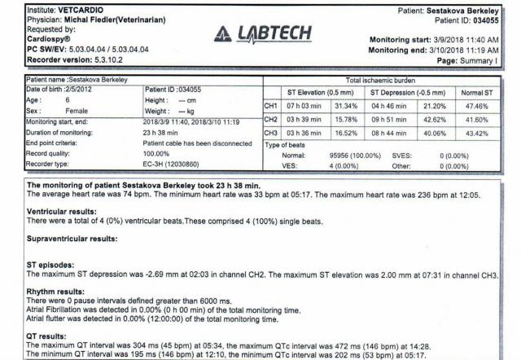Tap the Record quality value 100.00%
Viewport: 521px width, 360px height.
[x=159, y=153]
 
